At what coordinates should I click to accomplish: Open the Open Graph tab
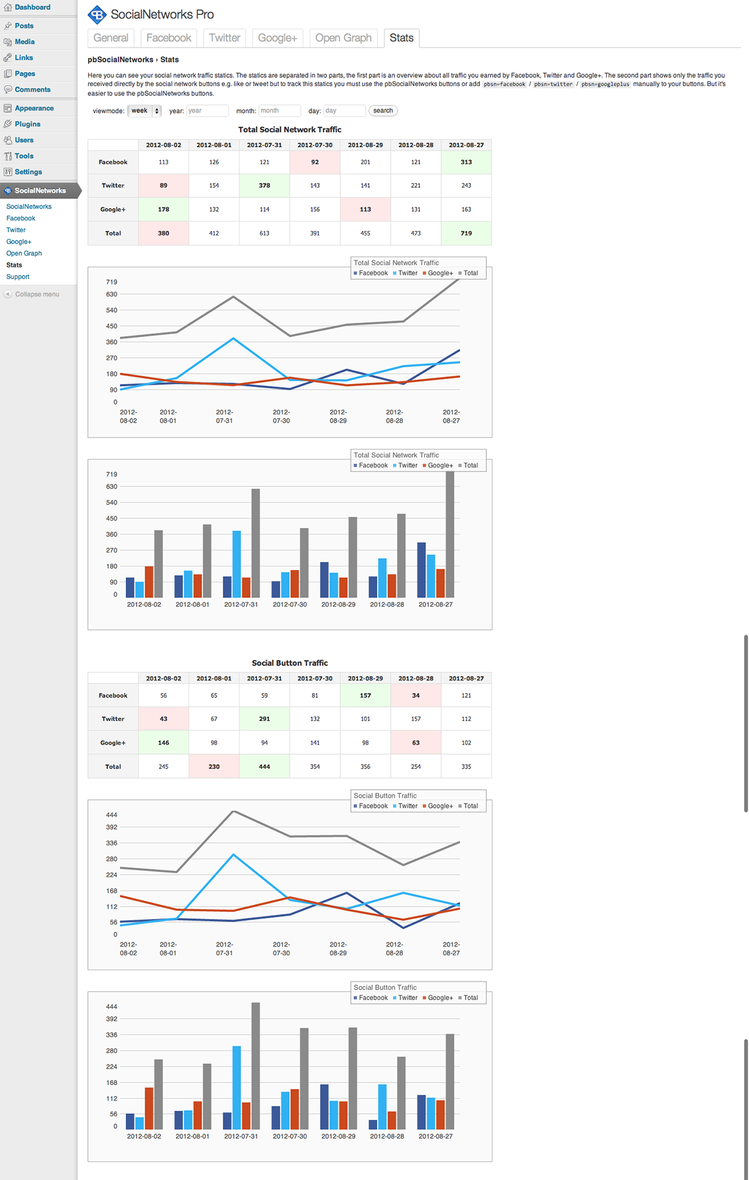click(343, 38)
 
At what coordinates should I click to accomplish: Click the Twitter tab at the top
click(224, 38)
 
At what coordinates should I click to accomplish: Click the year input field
click(207, 111)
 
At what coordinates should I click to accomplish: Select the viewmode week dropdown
click(144, 111)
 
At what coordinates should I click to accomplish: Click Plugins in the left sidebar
click(27, 124)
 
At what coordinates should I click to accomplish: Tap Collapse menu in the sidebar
click(37, 294)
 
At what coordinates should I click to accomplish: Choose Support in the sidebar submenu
click(17, 277)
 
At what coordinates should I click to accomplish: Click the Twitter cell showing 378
click(265, 185)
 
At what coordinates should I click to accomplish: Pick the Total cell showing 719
click(466, 233)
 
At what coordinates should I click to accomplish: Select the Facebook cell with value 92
click(315, 162)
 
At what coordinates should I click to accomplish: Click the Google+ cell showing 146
click(164, 743)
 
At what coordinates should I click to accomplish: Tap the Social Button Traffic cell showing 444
click(265, 767)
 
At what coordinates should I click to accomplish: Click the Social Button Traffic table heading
click(290, 663)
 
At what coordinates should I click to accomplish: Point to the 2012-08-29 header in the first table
click(365, 145)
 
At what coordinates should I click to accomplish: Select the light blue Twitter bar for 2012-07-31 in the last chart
click(237, 1087)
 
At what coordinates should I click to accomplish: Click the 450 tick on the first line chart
click(112, 326)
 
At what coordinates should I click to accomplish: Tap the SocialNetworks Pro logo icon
click(97, 14)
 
